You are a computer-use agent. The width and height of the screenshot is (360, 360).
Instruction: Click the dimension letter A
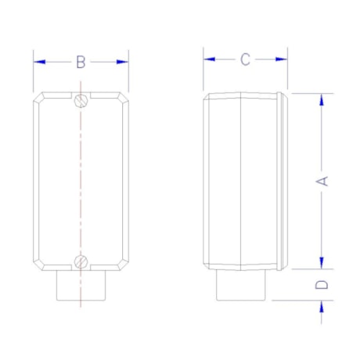point(321,180)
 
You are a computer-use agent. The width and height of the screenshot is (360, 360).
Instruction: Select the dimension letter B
point(81,62)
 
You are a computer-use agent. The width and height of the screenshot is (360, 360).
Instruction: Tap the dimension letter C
point(245,59)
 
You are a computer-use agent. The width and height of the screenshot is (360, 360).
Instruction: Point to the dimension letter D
point(321,285)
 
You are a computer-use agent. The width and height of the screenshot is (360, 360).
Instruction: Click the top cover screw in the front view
point(81,100)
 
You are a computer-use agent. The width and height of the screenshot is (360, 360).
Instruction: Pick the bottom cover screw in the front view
point(81,261)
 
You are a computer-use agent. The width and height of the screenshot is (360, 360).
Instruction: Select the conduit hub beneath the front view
point(81,286)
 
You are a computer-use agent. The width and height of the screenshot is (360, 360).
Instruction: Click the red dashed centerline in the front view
point(81,180)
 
